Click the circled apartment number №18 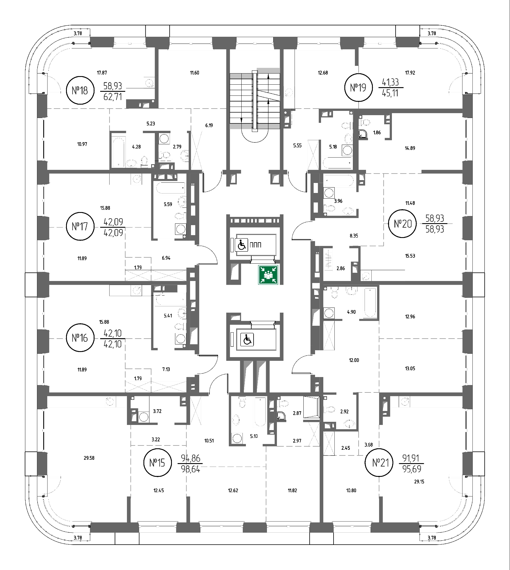click(x=80, y=91)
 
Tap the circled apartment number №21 click(x=381, y=463)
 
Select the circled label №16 click(x=80, y=338)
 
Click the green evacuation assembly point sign click(x=268, y=275)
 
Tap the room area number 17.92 click(x=410, y=73)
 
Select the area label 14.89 click(x=410, y=148)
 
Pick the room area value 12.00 click(x=354, y=360)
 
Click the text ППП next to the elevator click(x=255, y=245)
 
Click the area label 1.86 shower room click(x=377, y=133)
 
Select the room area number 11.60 click(x=195, y=73)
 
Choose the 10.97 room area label click(x=82, y=144)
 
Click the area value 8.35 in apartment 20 click(x=354, y=236)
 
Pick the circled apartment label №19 click(x=358, y=87)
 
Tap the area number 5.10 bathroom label click(x=254, y=436)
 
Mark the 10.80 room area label click(x=351, y=490)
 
